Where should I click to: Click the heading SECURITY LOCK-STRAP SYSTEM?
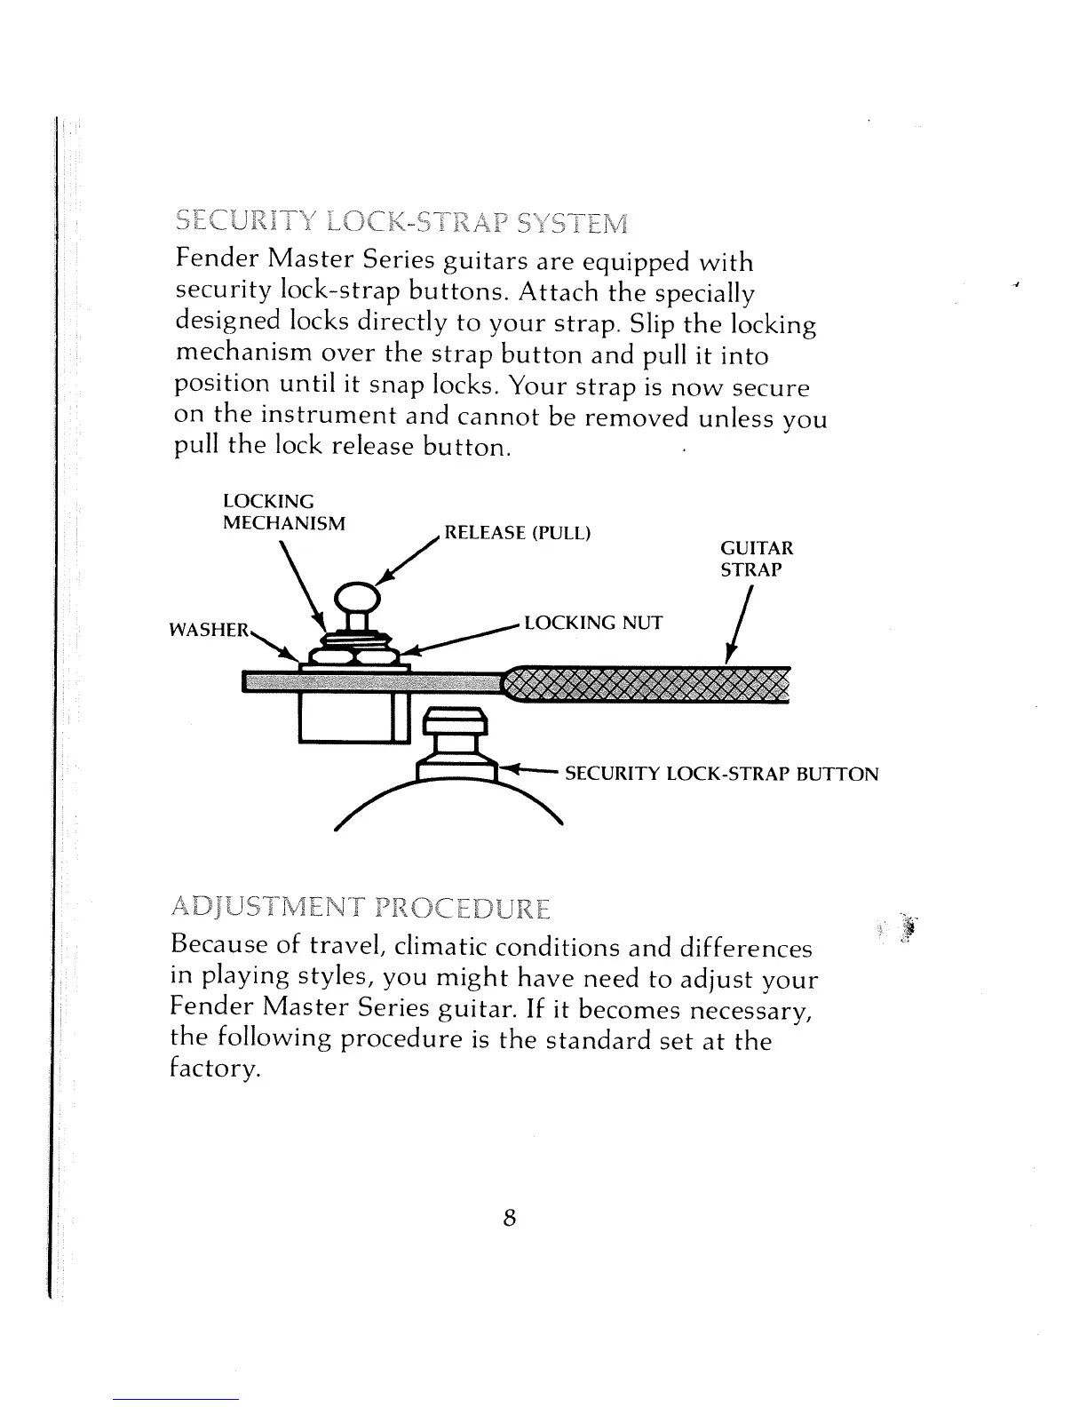pyautogui.click(x=401, y=219)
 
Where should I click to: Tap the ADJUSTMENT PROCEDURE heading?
pyautogui.click(x=361, y=910)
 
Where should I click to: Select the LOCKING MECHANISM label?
pyautogui.click(x=283, y=513)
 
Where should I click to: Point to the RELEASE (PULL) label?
pyautogui.click(x=517, y=533)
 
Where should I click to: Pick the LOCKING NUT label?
pyautogui.click(x=593, y=622)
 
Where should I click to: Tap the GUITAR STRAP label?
pyautogui.click(x=757, y=559)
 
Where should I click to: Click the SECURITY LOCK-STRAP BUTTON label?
pyautogui.click(x=721, y=774)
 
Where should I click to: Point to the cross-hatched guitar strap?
pyautogui.click(x=646, y=684)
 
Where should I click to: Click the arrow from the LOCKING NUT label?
pyautogui.click(x=458, y=638)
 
